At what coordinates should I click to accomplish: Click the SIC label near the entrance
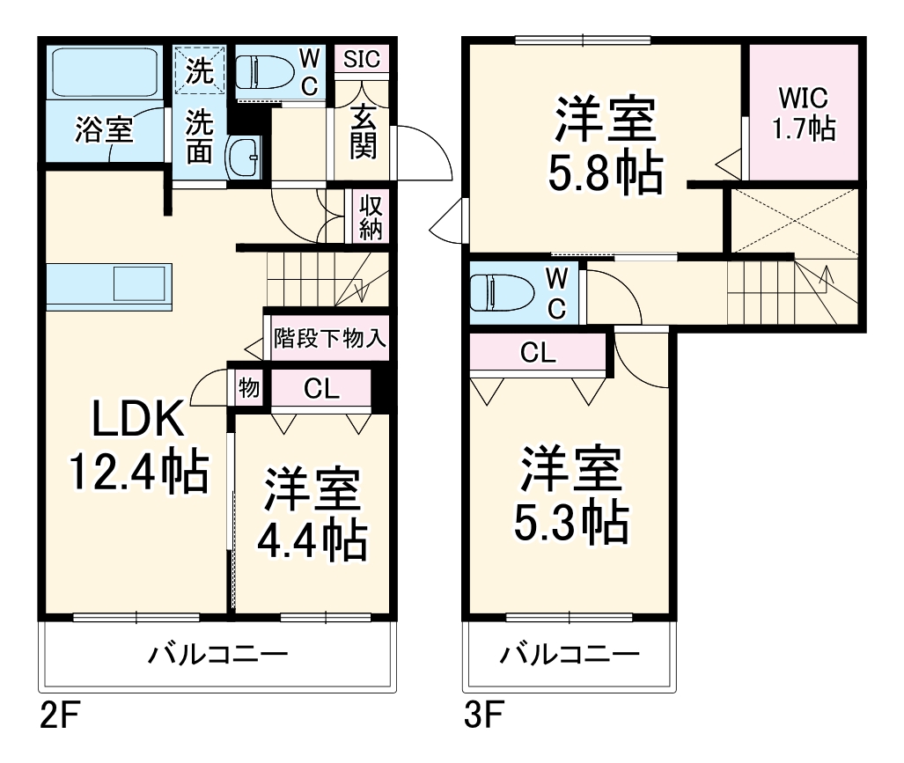[x=361, y=59]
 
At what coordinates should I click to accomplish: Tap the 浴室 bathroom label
[x=104, y=130]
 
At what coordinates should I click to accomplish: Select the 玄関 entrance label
[x=364, y=131]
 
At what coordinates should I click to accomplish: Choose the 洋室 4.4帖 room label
[x=312, y=518]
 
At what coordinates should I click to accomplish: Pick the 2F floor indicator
[x=60, y=713]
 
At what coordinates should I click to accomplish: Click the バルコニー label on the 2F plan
[x=217, y=655]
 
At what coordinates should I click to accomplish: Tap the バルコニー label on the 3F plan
[x=570, y=655]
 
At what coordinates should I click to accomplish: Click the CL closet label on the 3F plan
[x=538, y=354]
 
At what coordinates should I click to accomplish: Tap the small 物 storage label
[x=249, y=387]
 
